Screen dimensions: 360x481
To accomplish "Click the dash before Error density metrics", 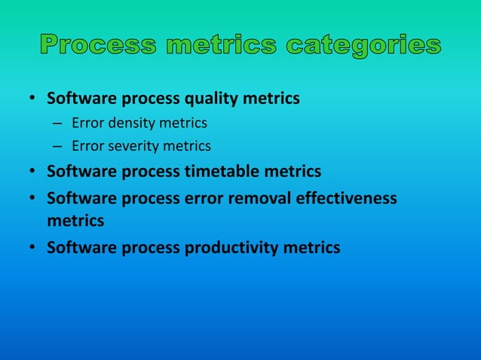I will (57, 122).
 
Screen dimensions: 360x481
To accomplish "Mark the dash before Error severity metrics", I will (57, 145).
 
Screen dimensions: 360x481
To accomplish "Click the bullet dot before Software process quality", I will (33, 99).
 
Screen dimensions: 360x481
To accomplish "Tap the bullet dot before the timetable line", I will (33, 172).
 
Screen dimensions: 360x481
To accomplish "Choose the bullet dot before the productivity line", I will (33, 248).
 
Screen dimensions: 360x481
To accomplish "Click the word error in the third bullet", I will (204, 198).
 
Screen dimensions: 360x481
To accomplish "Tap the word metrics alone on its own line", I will (75, 221).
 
